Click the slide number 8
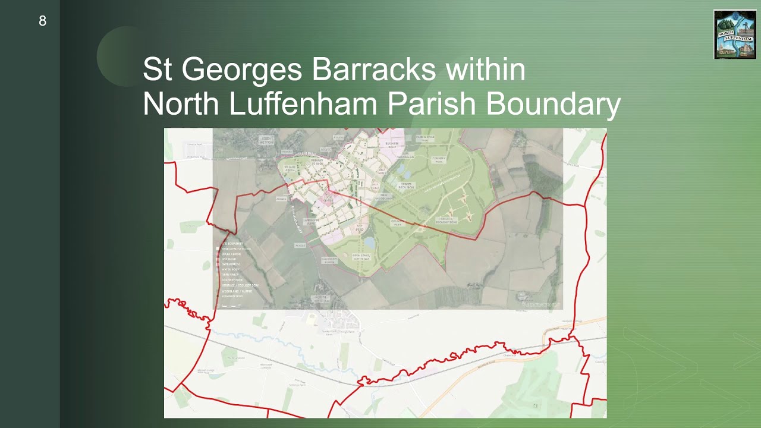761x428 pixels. coord(42,21)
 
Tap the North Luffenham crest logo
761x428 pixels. coord(735,34)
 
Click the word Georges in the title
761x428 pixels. coord(244,70)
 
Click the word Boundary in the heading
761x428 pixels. coord(554,104)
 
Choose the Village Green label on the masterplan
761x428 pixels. coord(291,169)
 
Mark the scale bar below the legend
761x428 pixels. coord(231,306)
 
